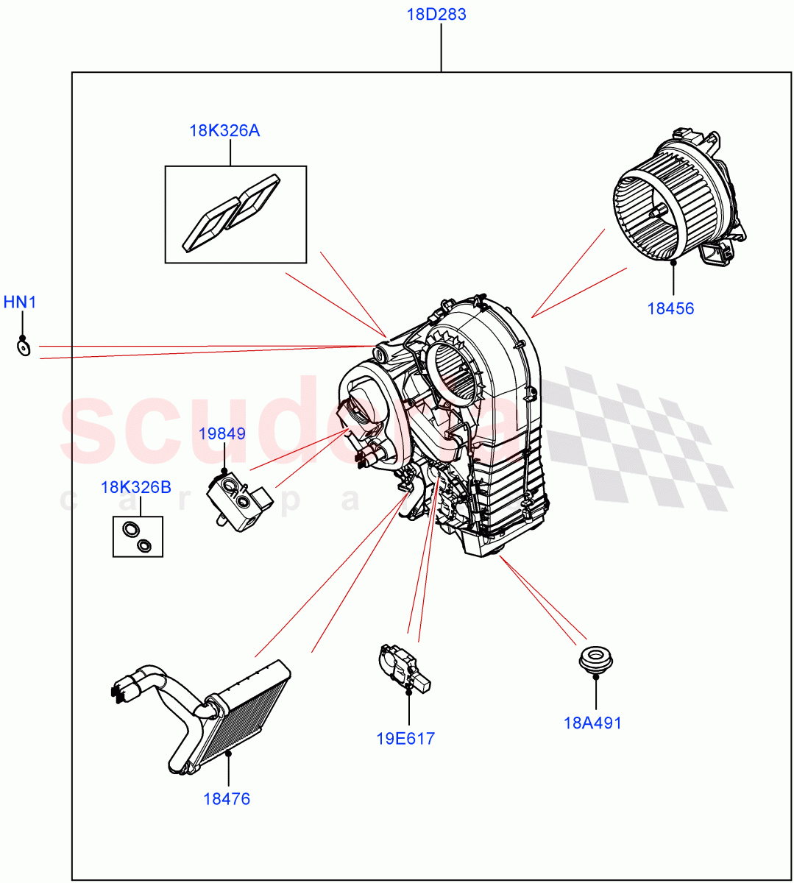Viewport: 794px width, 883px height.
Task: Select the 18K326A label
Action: [224, 131]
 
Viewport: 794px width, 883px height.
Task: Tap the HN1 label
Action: [20, 302]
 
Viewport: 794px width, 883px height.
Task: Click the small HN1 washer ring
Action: [24, 347]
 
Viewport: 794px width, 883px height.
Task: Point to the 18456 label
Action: [670, 308]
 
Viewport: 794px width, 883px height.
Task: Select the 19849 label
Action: [222, 433]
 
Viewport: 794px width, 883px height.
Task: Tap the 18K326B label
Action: [135, 487]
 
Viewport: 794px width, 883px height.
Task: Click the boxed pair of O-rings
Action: [138, 536]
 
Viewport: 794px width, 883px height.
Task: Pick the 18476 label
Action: [227, 798]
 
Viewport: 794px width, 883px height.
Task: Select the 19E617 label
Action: [405, 738]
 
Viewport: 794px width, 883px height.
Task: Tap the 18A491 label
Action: [592, 723]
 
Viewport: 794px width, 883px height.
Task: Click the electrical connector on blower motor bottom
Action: [717, 255]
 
